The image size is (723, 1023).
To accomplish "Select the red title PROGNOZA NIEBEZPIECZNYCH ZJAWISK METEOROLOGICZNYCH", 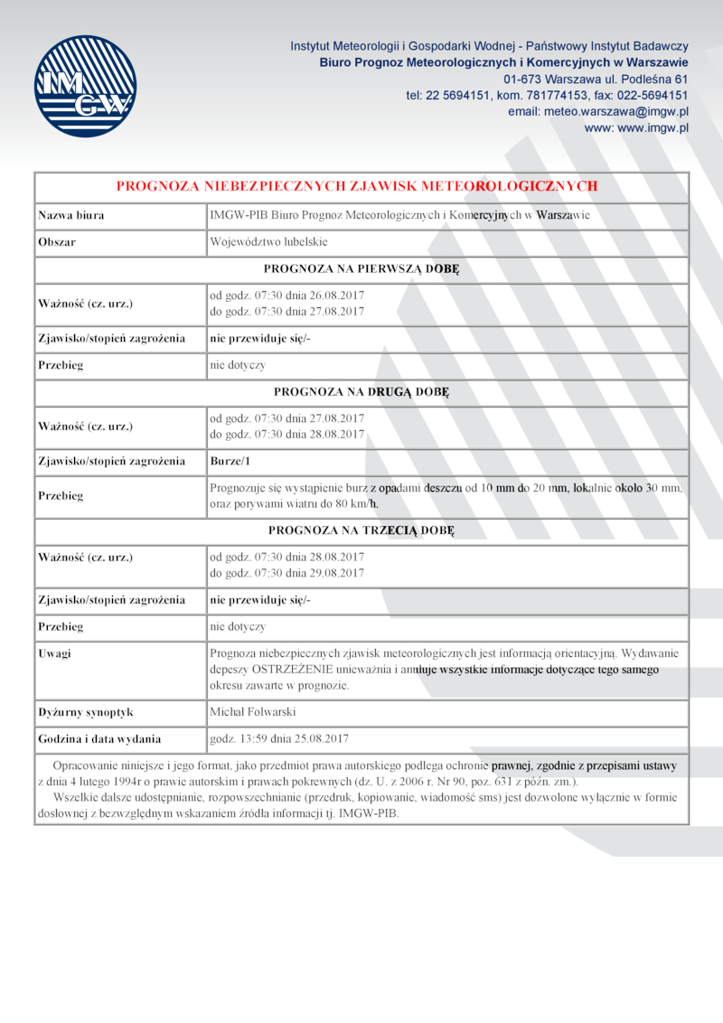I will click(x=357, y=186).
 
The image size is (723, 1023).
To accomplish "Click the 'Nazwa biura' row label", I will click(x=70, y=215).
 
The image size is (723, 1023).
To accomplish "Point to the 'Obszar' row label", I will click(x=57, y=242).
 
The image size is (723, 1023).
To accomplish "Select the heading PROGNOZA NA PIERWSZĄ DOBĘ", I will click(x=361, y=268).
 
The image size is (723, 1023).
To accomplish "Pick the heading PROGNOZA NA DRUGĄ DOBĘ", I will click(x=361, y=392).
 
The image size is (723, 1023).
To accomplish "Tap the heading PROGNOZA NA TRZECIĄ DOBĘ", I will click(x=361, y=530).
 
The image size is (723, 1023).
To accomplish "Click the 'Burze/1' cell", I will click(x=230, y=461).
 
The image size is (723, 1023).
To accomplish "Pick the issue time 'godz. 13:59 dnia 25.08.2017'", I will click(x=278, y=738).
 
